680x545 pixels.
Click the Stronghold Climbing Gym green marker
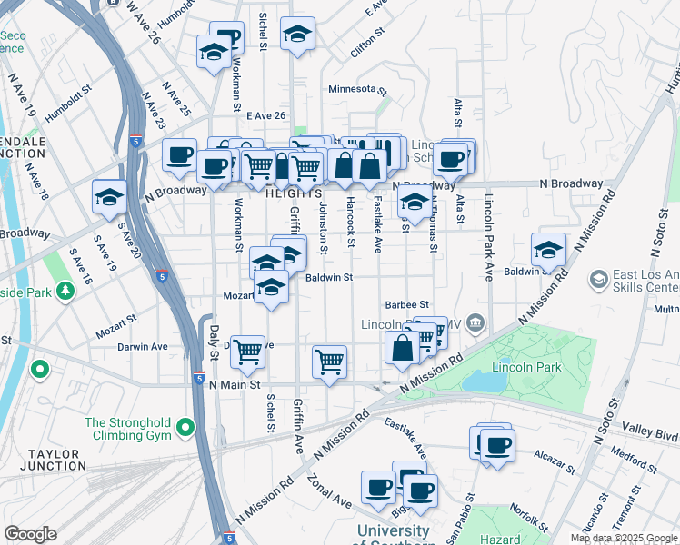pos(185,426)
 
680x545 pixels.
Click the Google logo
pos(30,534)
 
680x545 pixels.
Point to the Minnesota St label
pos(358,90)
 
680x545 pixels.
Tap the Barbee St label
pos(406,305)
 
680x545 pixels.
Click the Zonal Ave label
pos(328,490)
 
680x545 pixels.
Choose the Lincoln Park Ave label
pos(489,238)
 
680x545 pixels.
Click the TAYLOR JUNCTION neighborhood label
pos(44,459)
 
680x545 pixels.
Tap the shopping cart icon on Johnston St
pos(329,361)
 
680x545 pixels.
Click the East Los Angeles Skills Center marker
pos(599,277)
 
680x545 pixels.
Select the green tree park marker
pos(65,291)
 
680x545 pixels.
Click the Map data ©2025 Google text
pos(623,538)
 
